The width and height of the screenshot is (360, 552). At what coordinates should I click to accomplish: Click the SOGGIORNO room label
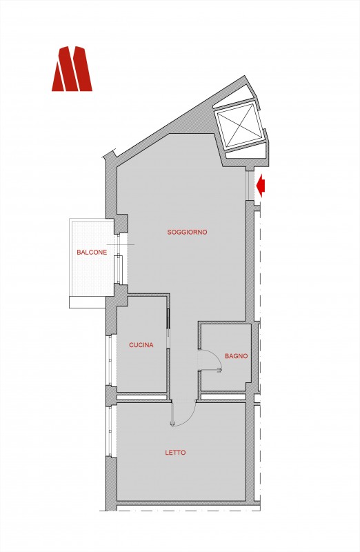click(x=187, y=233)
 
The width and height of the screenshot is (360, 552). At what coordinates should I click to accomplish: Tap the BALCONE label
click(x=92, y=253)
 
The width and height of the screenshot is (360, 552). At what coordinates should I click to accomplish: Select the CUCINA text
click(x=141, y=345)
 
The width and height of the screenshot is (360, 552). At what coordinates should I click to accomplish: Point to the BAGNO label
click(x=236, y=356)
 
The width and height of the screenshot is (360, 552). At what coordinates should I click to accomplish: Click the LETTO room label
click(x=175, y=453)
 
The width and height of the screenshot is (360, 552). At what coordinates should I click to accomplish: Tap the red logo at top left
click(x=72, y=68)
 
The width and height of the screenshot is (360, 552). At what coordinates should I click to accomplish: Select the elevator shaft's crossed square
click(x=240, y=125)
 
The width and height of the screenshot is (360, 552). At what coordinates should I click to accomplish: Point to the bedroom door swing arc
click(x=190, y=419)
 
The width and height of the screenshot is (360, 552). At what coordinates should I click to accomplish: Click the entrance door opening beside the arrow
click(x=250, y=186)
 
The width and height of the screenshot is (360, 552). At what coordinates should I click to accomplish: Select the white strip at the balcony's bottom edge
click(x=88, y=302)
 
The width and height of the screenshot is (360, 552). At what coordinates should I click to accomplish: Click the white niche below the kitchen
click(x=141, y=397)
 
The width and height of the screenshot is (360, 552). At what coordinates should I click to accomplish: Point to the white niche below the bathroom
click(x=223, y=397)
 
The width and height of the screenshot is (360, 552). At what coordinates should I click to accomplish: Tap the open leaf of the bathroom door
click(x=210, y=369)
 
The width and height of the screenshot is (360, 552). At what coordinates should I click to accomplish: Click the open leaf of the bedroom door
click(x=172, y=413)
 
